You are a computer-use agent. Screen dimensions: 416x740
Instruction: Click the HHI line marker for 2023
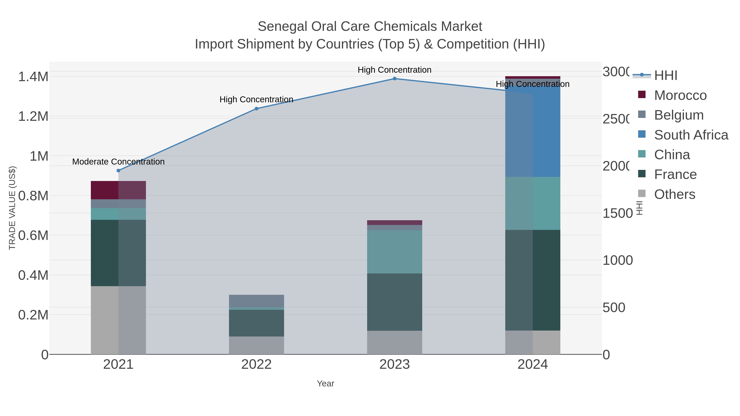pos(394,78)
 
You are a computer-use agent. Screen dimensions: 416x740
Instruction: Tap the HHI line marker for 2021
pos(118,171)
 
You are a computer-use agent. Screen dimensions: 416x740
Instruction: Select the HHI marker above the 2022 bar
pos(257,108)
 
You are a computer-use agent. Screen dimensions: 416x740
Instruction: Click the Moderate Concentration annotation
pos(118,162)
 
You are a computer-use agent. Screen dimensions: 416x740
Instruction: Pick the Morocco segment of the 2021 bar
pos(118,190)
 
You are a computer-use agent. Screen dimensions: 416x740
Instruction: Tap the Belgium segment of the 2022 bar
pos(257,301)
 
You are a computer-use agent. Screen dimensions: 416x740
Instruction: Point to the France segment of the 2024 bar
pos(533,280)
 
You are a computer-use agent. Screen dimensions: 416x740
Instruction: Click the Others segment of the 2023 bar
pos(394,342)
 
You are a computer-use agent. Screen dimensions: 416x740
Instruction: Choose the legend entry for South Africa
pos(691,135)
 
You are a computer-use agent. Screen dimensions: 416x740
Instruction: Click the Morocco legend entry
pos(680,95)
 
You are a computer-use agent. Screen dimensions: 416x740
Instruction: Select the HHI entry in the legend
pos(666,76)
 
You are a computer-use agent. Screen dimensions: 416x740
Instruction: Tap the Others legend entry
pos(674,194)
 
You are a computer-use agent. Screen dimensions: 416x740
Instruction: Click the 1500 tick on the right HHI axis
pos(617,213)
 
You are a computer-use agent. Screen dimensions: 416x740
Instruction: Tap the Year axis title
pos(325,384)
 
